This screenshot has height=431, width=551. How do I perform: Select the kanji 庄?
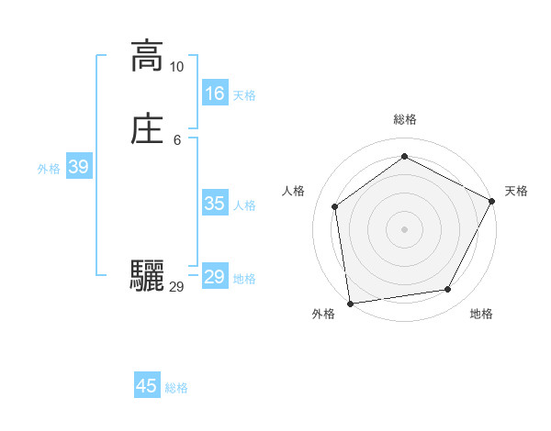[147, 129]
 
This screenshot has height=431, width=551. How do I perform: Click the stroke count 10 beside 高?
[176, 67]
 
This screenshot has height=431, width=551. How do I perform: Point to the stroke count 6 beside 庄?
[176, 140]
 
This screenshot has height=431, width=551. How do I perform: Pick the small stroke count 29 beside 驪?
[176, 287]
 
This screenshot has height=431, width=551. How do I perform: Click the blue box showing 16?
[215, 94]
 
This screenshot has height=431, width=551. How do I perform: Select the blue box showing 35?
[215, 204]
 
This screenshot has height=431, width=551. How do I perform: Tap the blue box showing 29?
[215, 277]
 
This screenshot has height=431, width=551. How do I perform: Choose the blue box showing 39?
[79, 167]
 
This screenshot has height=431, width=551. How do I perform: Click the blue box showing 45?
[147, 386]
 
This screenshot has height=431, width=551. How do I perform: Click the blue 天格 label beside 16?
[244, 95]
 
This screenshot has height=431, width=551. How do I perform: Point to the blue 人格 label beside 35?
[244, 205]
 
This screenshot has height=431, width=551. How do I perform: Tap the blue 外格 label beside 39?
[49, 169]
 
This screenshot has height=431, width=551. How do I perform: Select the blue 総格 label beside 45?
[176, 388]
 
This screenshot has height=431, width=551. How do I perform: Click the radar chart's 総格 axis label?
[404, 119]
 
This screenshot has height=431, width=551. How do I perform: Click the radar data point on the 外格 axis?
[350, 303]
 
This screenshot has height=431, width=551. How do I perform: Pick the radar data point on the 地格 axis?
[447, 289]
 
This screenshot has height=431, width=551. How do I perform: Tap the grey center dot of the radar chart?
[404, 228]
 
